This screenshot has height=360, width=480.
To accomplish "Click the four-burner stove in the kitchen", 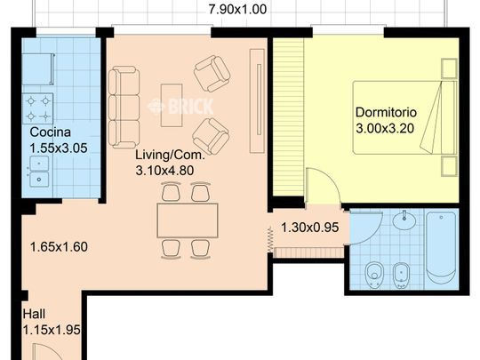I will [x=38, y=108].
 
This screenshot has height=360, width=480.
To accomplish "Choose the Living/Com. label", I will [x=170, y=154].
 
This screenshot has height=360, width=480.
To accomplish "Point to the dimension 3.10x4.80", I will [x=170, y=169].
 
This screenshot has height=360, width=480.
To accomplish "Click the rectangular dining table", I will [x=187, y=220].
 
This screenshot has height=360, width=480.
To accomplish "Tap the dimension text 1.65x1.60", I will [x=60, y=247].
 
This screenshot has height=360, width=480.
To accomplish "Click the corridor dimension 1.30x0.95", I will [x=309, y=227].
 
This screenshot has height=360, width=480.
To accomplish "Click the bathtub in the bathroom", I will [x=441, y=247].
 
